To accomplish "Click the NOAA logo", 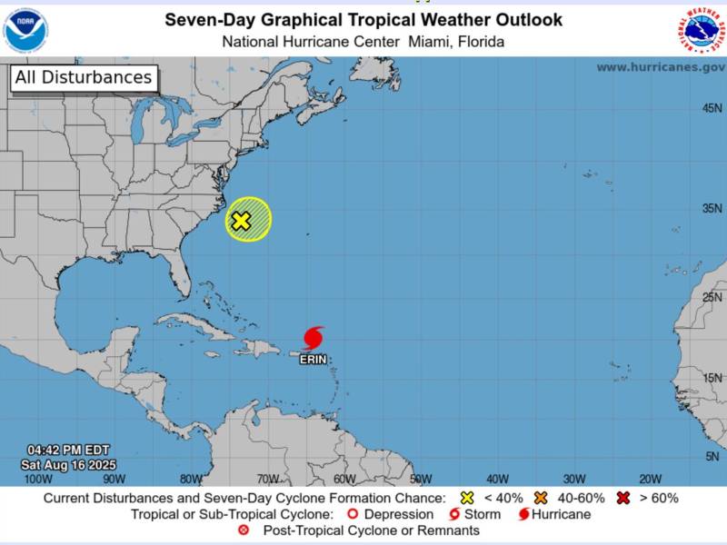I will pos(26,29).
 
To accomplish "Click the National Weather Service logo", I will pos(701,29).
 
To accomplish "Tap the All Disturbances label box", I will pos(84,78).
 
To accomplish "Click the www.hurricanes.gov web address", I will pos(660,67).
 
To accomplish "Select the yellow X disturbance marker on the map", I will pos(241,221).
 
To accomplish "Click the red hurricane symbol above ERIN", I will pos(314,338).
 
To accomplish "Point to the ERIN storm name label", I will pos(314,360).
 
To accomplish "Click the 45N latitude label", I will pos(712,109).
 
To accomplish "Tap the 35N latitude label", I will pos(712,208).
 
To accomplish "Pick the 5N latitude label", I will pos(714,457).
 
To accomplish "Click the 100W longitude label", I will pos(37,479).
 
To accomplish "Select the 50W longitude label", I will pos(421,479).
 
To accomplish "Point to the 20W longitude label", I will pos(650,479).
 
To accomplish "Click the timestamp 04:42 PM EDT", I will pos(68,450).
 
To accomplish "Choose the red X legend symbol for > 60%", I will pos(624,498).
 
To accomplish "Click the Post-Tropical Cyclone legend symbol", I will pos(243,530).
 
